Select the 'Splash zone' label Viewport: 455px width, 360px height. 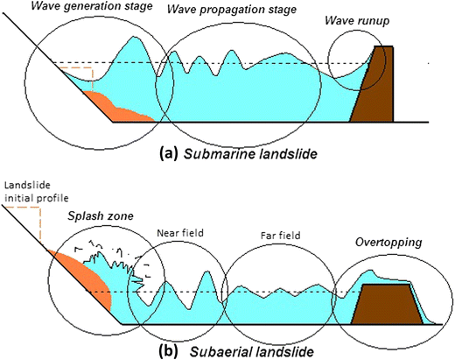click(87, 214)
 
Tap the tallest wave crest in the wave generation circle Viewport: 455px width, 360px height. click(132, 39)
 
